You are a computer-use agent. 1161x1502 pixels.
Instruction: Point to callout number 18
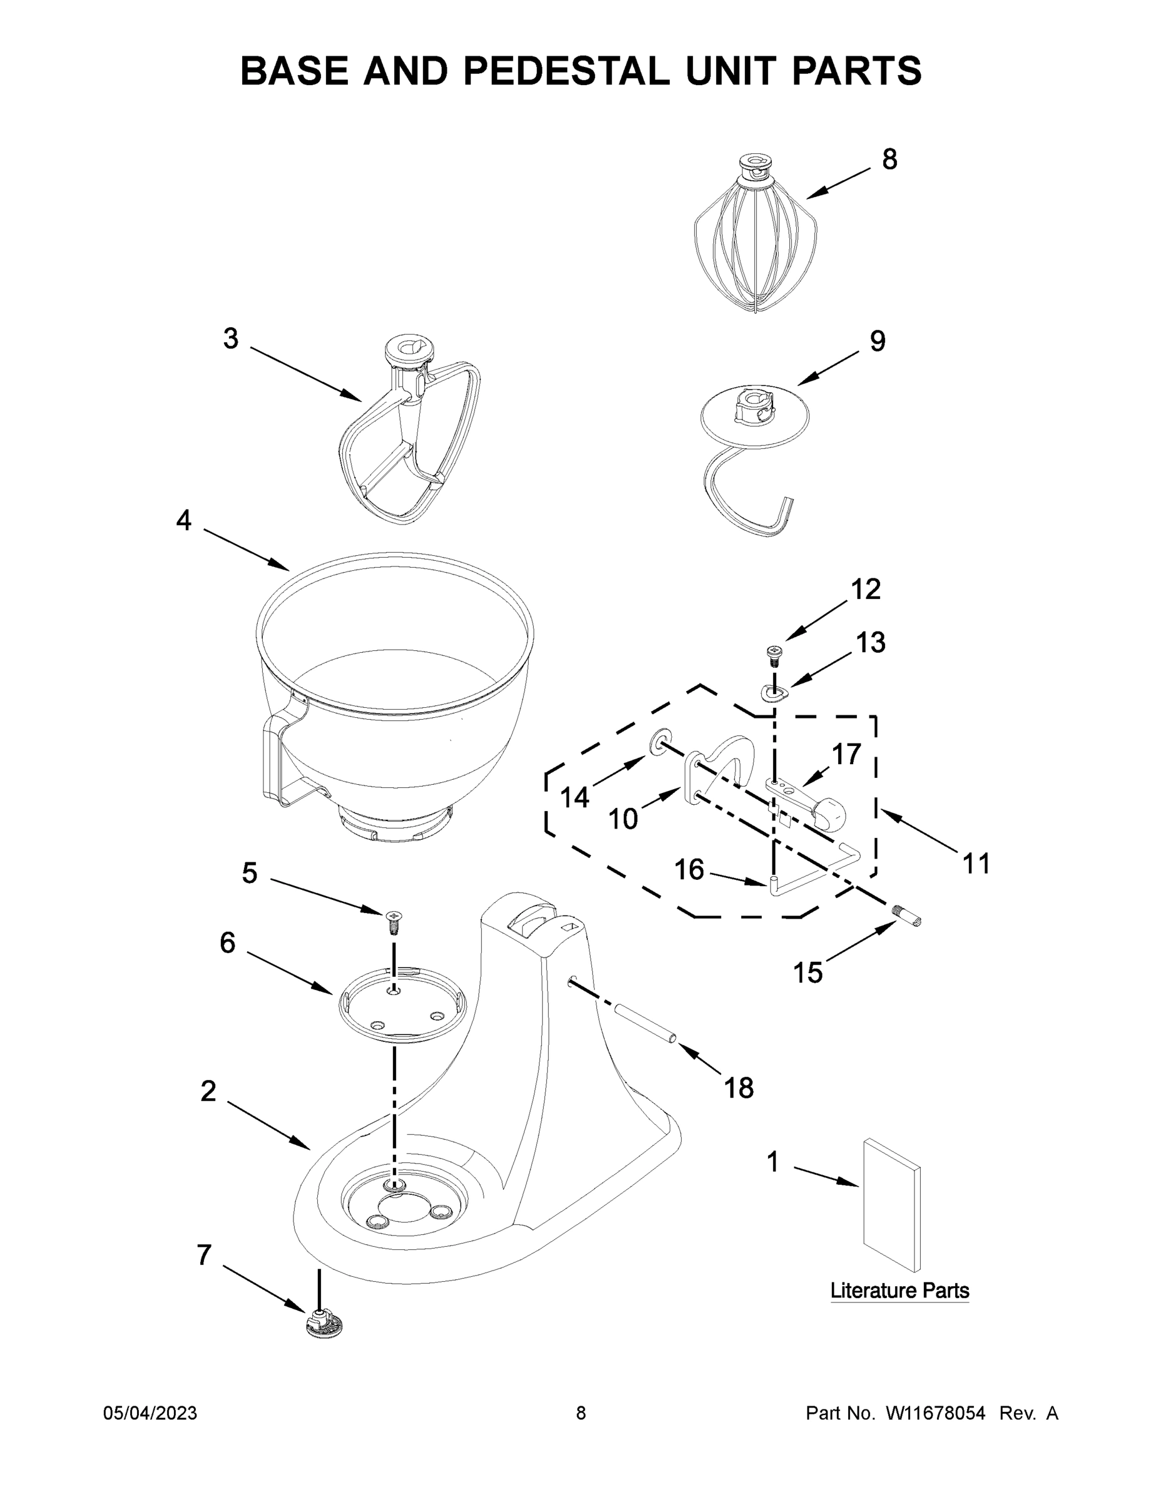738,1088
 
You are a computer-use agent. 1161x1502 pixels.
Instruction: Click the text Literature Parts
899,1290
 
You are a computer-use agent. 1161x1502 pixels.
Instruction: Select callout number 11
976,864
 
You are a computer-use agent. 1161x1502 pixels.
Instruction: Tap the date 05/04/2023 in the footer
150,1413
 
